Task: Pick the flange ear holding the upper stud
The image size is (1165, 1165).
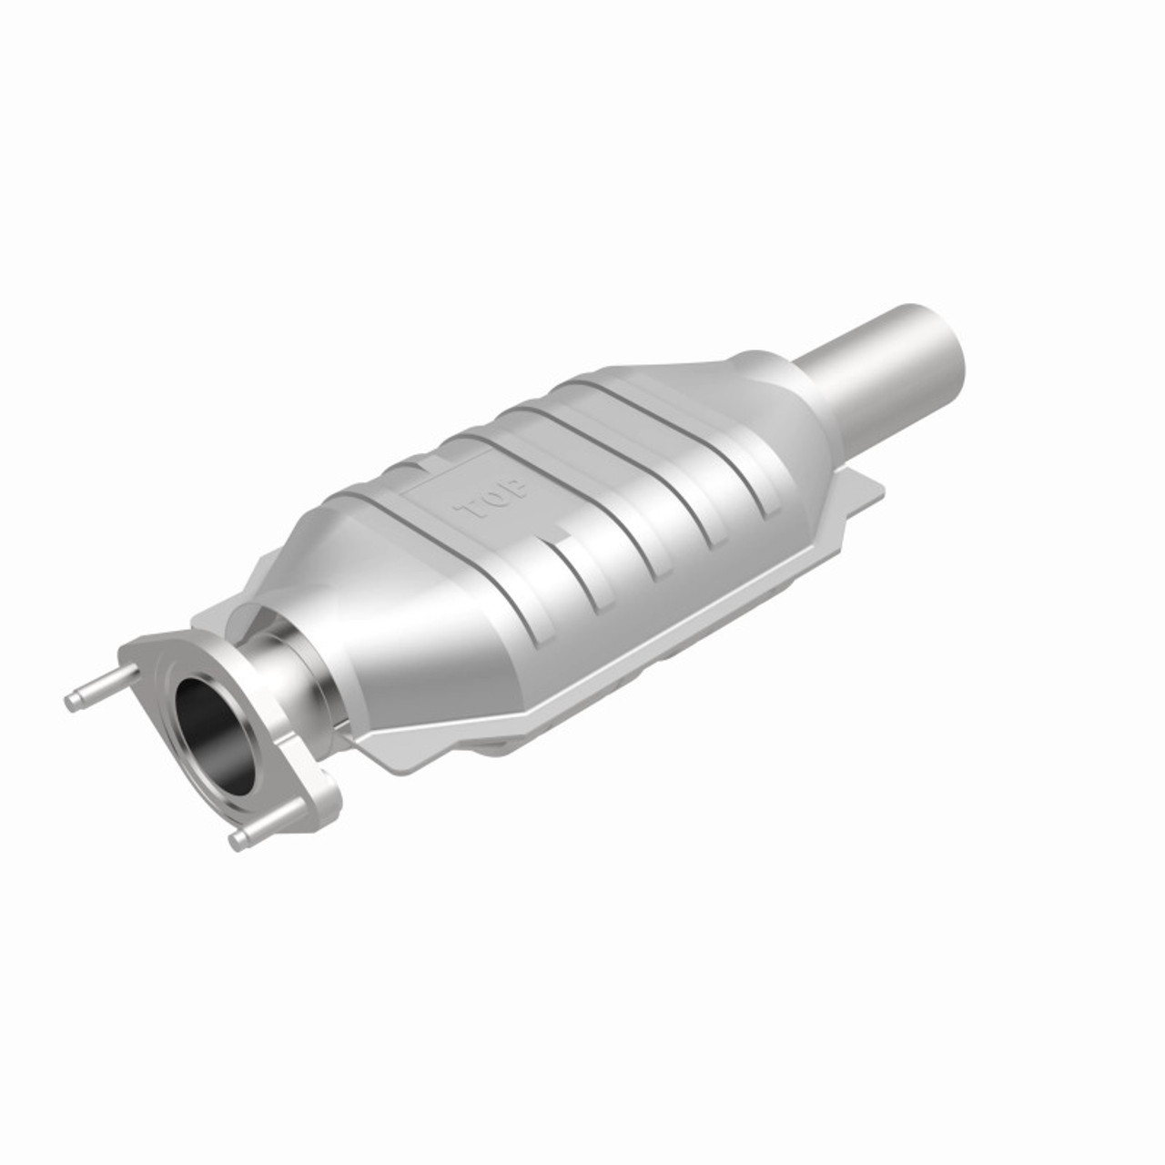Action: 137,660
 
